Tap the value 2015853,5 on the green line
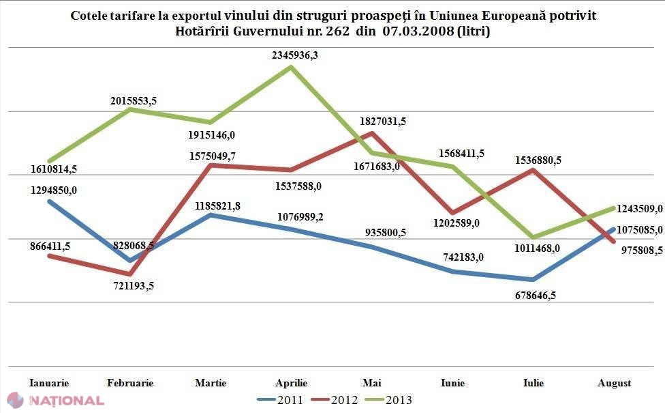coord(134,101)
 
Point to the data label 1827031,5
coord(383,122)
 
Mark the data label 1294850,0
coord(54,190)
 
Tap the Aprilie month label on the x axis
coord(292,383)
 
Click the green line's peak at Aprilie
coord(292,67)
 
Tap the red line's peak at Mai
coord(373,133)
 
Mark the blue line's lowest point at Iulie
coord(533,280)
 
